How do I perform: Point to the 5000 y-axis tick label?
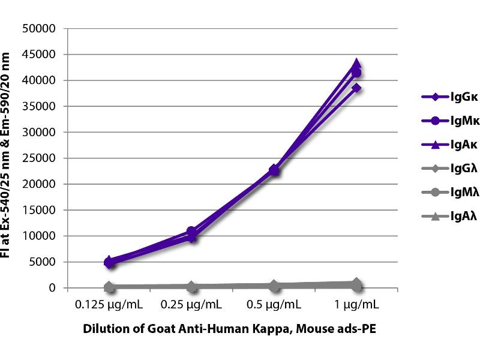(x=44, y=262)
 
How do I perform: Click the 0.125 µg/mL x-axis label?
(x=110, y=305)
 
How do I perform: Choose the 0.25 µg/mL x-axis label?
(x=192, y=305)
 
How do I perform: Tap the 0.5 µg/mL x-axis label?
(x=274, y=305)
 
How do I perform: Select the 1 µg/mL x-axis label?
(x=357, y=305)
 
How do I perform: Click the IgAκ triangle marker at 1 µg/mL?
(x=356, y=64)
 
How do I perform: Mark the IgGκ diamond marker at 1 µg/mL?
(x=356, y=88)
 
